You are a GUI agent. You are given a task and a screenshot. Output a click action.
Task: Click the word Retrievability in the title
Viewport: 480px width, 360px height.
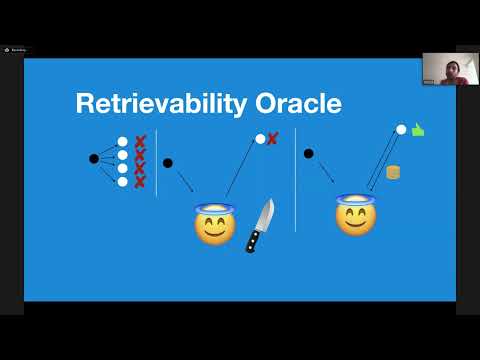159,103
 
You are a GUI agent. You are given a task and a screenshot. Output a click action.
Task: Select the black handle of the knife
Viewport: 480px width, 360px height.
253,240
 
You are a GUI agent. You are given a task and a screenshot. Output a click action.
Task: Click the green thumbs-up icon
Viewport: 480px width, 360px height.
418,130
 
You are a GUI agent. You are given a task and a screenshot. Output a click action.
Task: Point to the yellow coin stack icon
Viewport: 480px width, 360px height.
393,172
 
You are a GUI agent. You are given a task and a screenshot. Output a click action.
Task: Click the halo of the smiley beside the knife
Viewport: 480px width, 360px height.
214,208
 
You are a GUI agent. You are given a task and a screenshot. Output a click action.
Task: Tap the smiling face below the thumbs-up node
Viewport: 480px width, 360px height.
355,217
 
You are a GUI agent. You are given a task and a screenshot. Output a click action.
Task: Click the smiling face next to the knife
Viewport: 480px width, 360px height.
214,225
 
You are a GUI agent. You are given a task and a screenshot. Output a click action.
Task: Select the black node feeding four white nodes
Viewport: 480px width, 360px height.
94,159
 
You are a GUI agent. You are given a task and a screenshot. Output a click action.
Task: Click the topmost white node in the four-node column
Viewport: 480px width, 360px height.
123,142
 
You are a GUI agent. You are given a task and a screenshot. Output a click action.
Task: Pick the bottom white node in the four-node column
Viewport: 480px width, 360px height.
123,181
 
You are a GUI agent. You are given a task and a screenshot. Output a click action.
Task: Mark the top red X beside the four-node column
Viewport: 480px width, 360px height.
140,142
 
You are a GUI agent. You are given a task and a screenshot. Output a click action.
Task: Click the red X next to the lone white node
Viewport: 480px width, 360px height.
272,138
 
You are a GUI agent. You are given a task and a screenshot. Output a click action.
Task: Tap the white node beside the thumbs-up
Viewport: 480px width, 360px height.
401,129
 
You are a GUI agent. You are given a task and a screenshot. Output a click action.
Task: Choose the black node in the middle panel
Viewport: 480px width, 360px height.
167,162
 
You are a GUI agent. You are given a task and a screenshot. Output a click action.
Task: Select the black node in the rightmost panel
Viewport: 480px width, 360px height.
308,153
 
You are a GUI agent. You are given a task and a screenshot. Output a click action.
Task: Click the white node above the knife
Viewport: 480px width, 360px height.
260,139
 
